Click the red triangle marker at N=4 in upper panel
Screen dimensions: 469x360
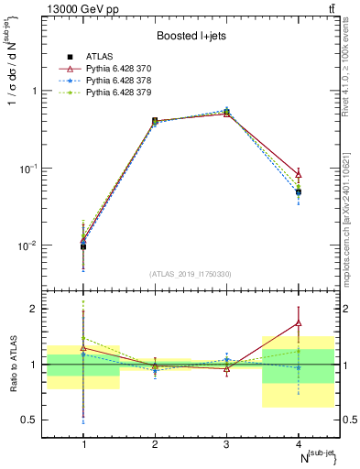pyautogui.click(x=299, y=174)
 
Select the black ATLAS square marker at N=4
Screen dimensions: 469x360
pyautogui.click(x=299, y=192)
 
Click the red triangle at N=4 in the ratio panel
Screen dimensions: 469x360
pyautogui.click(x=299, y=322)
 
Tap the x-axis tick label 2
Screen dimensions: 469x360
pyautogui.click(x=155, y=444)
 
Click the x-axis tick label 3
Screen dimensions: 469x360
pyautogui.click(x=227, y=444)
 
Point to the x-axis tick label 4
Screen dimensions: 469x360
pyautogui.click(x=299, y=444)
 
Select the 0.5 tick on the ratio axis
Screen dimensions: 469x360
pyautogui.click(x=35, y=420)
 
